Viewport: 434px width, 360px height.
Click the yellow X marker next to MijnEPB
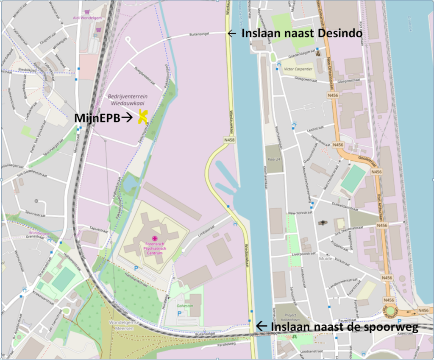(143, 117)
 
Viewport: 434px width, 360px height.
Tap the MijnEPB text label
(97, 118)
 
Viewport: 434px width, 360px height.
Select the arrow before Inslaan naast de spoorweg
(262, 326)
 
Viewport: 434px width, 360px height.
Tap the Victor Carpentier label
(298, 68)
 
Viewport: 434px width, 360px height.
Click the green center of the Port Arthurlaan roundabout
(389, 310)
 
